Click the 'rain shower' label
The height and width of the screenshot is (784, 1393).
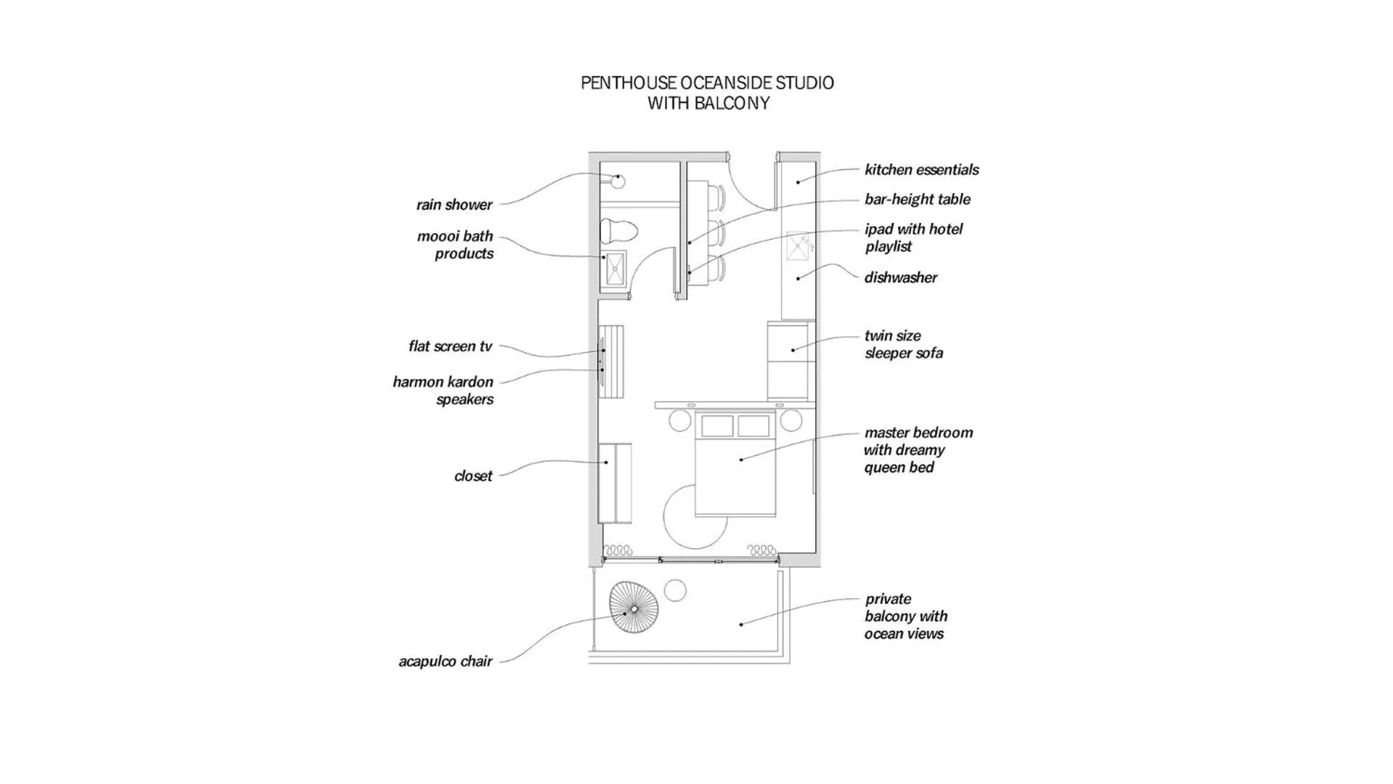[x=454, y=205]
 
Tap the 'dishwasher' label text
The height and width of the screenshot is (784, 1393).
[x=900, y=278]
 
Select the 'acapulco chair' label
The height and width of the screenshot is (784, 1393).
[x=445, y=661]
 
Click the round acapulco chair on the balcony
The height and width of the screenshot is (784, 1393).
[x=634, y=607]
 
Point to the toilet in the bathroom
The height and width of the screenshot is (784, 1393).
[x=618, y=232]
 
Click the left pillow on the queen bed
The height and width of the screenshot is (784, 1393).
[x=717, y=426]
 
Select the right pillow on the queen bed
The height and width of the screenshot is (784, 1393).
[x=753, y=426]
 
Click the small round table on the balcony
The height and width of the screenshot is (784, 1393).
[x=675, y=590]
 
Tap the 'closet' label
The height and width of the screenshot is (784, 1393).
[x=473, y=476]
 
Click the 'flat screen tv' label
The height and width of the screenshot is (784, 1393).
[x=450, y=346]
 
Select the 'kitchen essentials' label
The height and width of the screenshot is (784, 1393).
[x=921, y=170]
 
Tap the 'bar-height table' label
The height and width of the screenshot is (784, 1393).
[x=917, y=200]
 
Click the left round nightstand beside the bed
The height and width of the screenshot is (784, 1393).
[x=680, y=420]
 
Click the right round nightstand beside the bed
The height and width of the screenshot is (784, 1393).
[x=791, y=420]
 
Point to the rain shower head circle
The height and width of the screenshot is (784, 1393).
[x=618, y=181]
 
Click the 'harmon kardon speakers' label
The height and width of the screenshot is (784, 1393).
[x=443, y=391]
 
